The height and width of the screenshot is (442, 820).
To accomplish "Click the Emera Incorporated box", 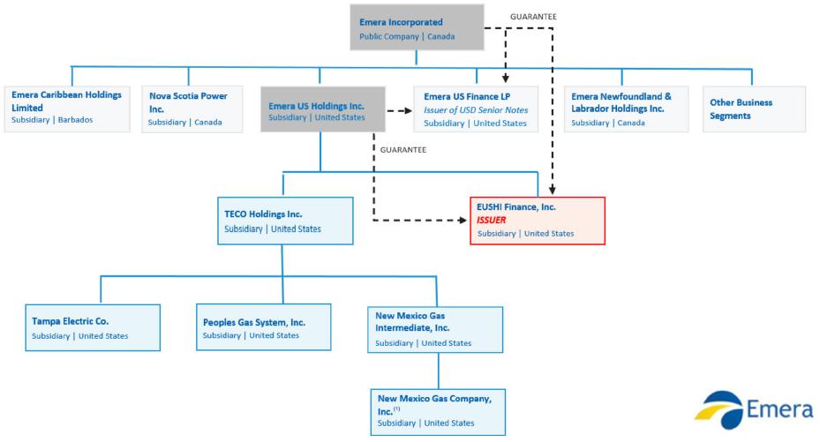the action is coord(417,27).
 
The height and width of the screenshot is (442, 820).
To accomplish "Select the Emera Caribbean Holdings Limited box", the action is coord(67,109).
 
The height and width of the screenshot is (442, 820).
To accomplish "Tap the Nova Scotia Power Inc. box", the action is coord(192,109).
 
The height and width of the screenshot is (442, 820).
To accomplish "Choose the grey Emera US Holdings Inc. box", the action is coord(323,109).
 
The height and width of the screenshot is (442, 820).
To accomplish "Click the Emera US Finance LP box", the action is coord(476,109).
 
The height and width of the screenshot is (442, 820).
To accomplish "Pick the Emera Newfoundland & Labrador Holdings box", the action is coord(627,109).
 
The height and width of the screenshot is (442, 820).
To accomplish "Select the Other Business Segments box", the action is coord(754,109).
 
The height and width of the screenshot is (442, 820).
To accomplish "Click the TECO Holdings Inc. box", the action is coord(285,221).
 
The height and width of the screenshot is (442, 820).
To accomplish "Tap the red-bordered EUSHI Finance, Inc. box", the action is coord(538,221).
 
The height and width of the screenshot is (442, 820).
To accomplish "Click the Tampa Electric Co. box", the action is coord(93,327).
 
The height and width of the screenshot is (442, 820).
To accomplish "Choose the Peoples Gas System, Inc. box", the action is coord(264,327).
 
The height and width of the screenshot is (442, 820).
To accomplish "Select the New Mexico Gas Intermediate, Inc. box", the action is coord(435,330).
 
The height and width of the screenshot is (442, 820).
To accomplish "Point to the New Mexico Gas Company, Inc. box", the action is coord(438,412).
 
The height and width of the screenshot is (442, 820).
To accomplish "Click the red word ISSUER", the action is coord(491,220).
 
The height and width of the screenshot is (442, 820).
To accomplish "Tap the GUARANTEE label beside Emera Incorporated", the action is coord(533,17).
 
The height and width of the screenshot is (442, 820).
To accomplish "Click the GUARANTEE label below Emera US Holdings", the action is coord(403,150).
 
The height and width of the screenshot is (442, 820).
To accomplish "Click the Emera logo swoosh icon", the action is coord(719,410).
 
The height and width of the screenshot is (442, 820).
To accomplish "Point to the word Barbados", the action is coord(75,120).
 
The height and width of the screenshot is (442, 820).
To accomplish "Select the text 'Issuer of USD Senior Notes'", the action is coord(476,109).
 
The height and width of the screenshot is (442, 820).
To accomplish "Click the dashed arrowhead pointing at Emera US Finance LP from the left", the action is coord(408,111).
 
